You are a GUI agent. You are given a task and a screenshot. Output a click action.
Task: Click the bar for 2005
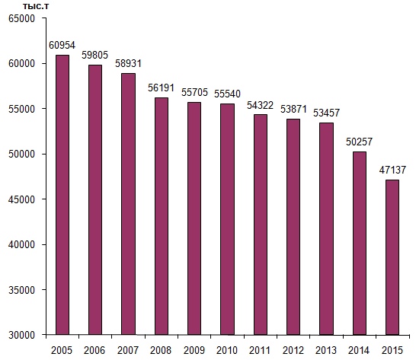coord(62,195)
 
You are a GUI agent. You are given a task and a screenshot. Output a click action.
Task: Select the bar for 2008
coord(162,216)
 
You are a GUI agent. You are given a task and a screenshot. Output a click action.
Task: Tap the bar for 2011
coord(261,225)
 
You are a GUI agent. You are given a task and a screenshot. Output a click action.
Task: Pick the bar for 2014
coord(360,244)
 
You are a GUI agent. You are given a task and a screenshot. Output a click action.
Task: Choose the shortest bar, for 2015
coord(392,257)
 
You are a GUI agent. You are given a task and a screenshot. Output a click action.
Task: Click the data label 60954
coord(62,45)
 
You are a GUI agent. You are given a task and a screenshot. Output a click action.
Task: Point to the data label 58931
coord(128,63)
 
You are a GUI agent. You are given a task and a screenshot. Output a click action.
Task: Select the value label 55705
coord(194,92)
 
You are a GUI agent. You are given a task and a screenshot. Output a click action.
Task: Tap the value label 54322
coord(260,105)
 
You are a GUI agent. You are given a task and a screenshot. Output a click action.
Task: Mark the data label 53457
coord(326,113)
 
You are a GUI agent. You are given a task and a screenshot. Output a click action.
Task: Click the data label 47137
coord(392,170)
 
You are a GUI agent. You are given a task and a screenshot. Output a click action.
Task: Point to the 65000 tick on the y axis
coord(22,18)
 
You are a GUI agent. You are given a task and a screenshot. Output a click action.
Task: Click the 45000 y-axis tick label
coord(22,199)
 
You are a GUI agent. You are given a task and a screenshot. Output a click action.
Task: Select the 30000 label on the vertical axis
coord(22,335)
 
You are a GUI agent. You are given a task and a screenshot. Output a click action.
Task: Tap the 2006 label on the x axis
coord(94,350)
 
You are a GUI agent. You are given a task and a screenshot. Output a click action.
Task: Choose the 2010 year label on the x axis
coord(227,350)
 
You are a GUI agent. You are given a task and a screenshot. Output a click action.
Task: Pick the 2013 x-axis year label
coord(326,350)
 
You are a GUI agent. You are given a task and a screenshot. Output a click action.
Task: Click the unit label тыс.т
coord(36,6)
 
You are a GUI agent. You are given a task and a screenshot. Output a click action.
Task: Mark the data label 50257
coord(359,142)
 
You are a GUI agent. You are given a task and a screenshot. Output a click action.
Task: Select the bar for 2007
coord(129,204)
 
